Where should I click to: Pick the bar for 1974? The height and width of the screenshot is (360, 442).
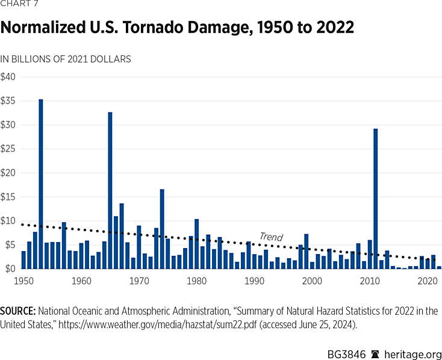pos(162,229)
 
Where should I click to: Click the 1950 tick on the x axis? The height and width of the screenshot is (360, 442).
pos(23,280)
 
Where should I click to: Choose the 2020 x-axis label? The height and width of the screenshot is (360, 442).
pos(428,280)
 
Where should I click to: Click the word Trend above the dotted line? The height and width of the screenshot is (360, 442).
pos(271,237)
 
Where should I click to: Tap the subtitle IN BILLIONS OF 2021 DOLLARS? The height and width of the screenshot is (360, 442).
pos(66,59)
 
